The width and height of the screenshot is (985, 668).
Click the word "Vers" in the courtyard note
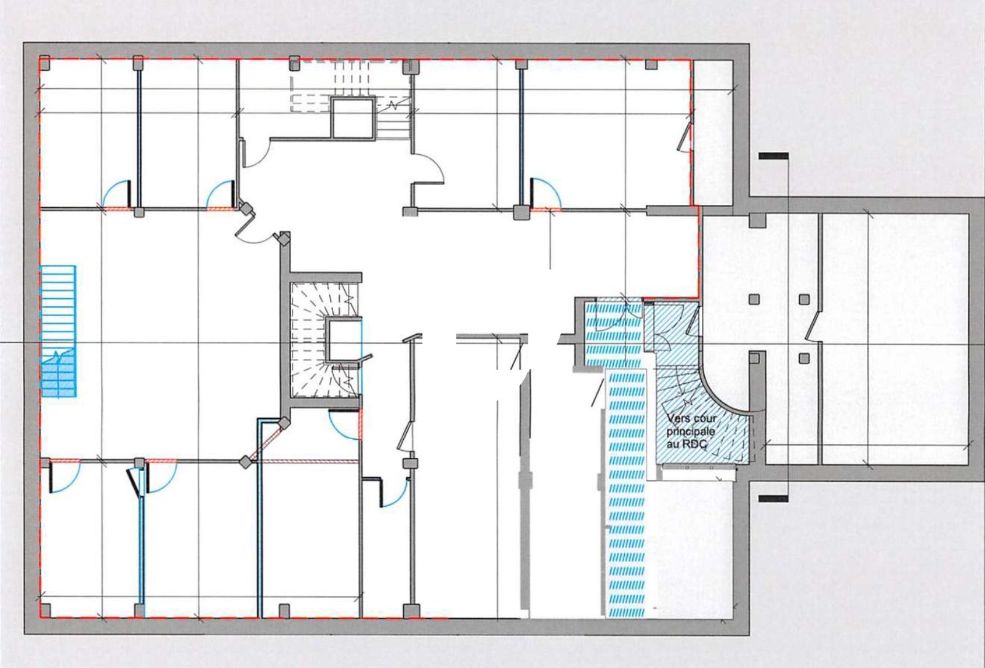click(678, 418)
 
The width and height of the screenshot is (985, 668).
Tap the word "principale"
click(690, 431)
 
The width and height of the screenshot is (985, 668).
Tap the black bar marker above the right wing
click(773, 156)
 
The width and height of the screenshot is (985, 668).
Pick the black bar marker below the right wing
click(773, 498)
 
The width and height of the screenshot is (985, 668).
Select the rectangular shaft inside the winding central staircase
click(343, 338)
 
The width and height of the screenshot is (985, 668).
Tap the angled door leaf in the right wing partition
click(813, 326)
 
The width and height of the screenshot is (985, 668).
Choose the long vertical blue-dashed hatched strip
click(625, 492)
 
